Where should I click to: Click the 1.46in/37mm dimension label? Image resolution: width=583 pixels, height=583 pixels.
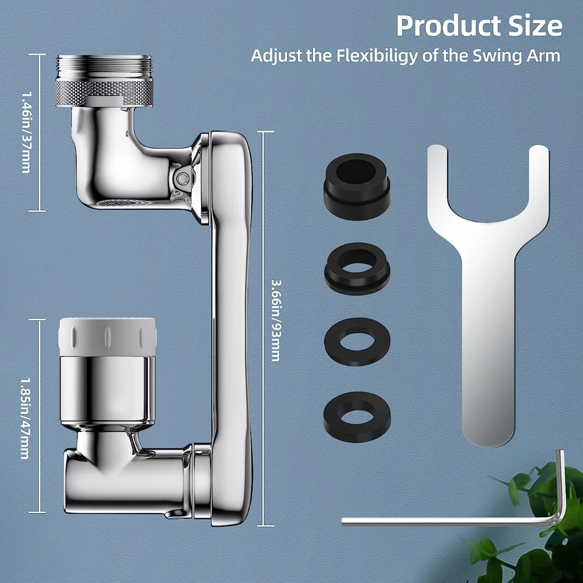[26, 132]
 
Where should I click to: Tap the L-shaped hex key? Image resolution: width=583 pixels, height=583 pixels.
[454, 521]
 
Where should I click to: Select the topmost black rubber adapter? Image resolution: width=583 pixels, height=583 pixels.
[357, 180]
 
